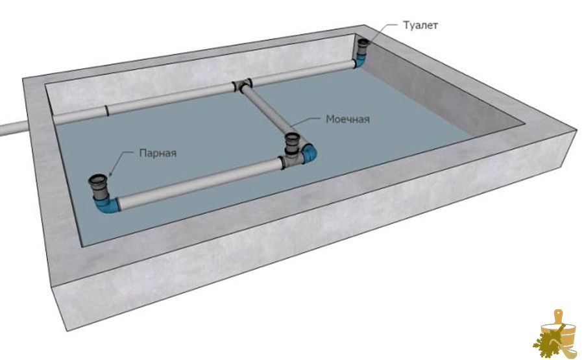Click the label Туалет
[x=420, y=25]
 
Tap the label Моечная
[x=348, y=119]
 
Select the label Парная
[x=158, y=153]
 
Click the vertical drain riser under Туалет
[x=363, y=47]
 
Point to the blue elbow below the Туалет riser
[x=360, y=61]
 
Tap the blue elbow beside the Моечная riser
[x=309, y=153]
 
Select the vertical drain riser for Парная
[x=99, y=187]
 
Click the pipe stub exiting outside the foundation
[x=13, y=128]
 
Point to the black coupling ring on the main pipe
[x=106, y=110]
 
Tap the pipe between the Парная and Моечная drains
[x=200, y=183]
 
